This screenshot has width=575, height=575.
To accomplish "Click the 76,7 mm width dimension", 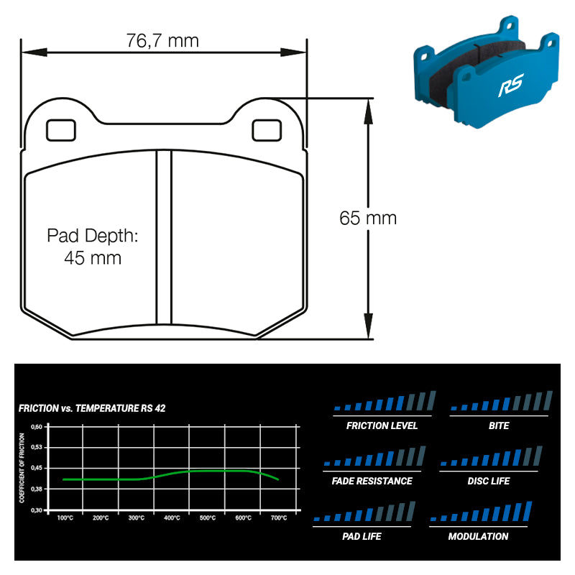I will (x=162, y=40).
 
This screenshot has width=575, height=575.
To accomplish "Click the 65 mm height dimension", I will (x=368, y=218).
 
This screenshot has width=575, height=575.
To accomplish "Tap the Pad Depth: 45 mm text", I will (x=92, y=247).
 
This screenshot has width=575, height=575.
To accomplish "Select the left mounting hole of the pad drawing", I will (x=60, y=130).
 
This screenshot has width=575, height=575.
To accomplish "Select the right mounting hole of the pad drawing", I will (x=267, y=130).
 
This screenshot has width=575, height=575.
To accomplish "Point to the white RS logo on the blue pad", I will (x=511, y=88).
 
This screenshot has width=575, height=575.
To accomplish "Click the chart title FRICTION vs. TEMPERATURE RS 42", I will (x=91, y=408).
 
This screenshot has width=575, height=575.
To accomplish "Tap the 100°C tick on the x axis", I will (x=65, y=517).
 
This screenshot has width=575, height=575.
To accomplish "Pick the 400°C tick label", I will (x=172, y=517).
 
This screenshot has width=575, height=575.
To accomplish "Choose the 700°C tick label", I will (x=279, y=517).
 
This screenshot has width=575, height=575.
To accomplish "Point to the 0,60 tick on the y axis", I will (x=37, y=426).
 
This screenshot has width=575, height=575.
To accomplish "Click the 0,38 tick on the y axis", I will (x=37, y=489).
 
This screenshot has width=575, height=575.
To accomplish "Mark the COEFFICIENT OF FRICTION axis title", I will (x=22, y=468).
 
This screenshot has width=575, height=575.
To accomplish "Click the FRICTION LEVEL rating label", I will (x=382, y=425).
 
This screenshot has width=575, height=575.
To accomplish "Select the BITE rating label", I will (x=498, y=425).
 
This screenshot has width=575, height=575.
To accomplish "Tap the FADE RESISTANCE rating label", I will (x=372, y=481).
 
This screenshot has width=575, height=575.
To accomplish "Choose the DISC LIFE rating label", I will (x=489, y=481).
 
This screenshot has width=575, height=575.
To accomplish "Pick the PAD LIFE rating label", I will (x=362, y=536).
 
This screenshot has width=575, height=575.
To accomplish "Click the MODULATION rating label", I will (x=478, y=536).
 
